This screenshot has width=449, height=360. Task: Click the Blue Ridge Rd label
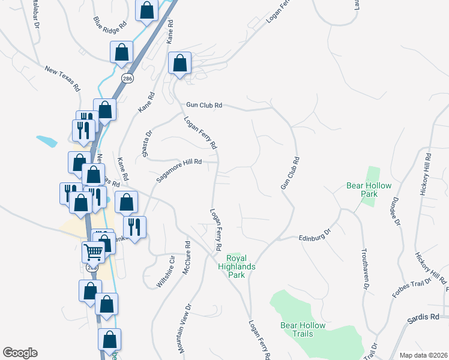(x=111, y=25)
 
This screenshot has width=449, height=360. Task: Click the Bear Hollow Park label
(x=362, y=190)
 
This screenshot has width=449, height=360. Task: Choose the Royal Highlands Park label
(x=237, y=266)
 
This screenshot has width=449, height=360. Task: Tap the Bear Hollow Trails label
(x=303, y=329)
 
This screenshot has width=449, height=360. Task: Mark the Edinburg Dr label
(x=315, y=235)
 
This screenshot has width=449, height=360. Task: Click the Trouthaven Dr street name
(x=364, y=269)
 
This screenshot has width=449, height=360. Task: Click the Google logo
(x=20, y=353)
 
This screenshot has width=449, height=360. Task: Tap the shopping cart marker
(x=93, y=252)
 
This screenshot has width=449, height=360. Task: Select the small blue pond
(x=46, y=142)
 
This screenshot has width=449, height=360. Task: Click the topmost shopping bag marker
(x=147, y=10)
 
